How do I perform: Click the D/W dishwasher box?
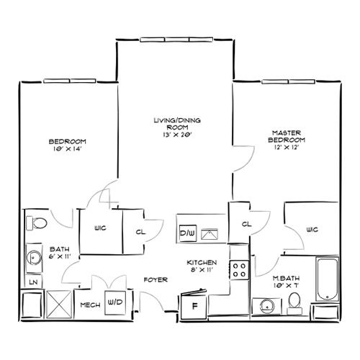click(188, 233)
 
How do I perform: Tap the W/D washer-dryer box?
click(115, 302)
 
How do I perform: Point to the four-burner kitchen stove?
click(239, 270)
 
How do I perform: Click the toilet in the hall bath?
click(37, 223)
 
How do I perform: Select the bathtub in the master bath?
click(328, 279)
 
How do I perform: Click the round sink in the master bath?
click(267, 306)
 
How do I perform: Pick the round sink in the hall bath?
click(34, 258)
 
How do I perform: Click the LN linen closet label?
click(34, 282)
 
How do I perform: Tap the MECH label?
click(90, 305)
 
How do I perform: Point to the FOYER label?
click(156, 280)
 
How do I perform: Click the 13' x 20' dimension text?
click(177, 135)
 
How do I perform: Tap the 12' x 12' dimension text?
click(287, 147)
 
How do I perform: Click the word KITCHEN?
click(202, 263)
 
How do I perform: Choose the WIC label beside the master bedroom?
click(312, 230)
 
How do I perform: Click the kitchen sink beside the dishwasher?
click(210, 234)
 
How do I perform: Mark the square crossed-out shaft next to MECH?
click(59, 305)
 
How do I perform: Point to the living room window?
click(176, 40)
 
